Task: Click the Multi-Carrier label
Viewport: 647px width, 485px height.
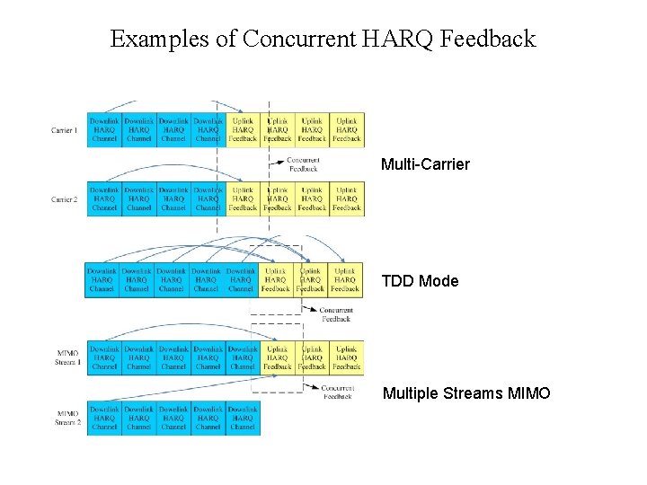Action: tap(425, 164)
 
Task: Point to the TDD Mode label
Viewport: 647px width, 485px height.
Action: tap(420, 281)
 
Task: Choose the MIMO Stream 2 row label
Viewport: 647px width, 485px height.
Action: tap(66, 419)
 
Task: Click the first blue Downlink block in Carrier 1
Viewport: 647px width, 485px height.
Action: tap(104, 129)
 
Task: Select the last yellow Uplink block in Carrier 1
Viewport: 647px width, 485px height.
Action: tap(347, 129)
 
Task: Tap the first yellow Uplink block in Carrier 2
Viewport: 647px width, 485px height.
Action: tap(243, 199)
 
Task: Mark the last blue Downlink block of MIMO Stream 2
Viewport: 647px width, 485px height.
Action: tap(243, 419)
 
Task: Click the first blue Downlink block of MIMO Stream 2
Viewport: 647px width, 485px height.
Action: tap(104, 419)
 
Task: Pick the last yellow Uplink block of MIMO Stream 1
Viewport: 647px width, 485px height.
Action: tap(346, 357)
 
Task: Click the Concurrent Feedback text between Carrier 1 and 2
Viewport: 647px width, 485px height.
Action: tap(303, 164)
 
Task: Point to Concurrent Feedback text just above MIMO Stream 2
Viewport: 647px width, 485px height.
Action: tap(337, 392)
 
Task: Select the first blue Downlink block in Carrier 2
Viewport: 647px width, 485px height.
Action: tap(104, 199)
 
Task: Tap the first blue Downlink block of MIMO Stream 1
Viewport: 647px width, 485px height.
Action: tap(104, 357)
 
